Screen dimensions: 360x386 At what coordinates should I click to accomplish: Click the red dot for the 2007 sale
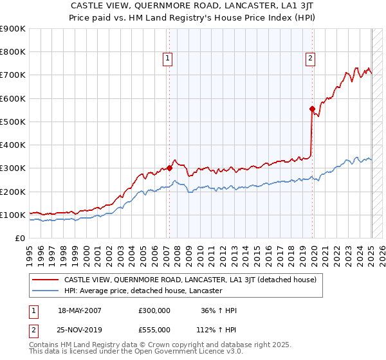click(169, 168)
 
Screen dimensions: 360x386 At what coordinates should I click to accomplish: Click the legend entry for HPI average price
click(143, 291)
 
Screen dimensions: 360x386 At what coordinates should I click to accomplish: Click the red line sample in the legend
click(45, 280)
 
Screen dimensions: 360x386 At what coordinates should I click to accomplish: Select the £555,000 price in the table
click(154, 329)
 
